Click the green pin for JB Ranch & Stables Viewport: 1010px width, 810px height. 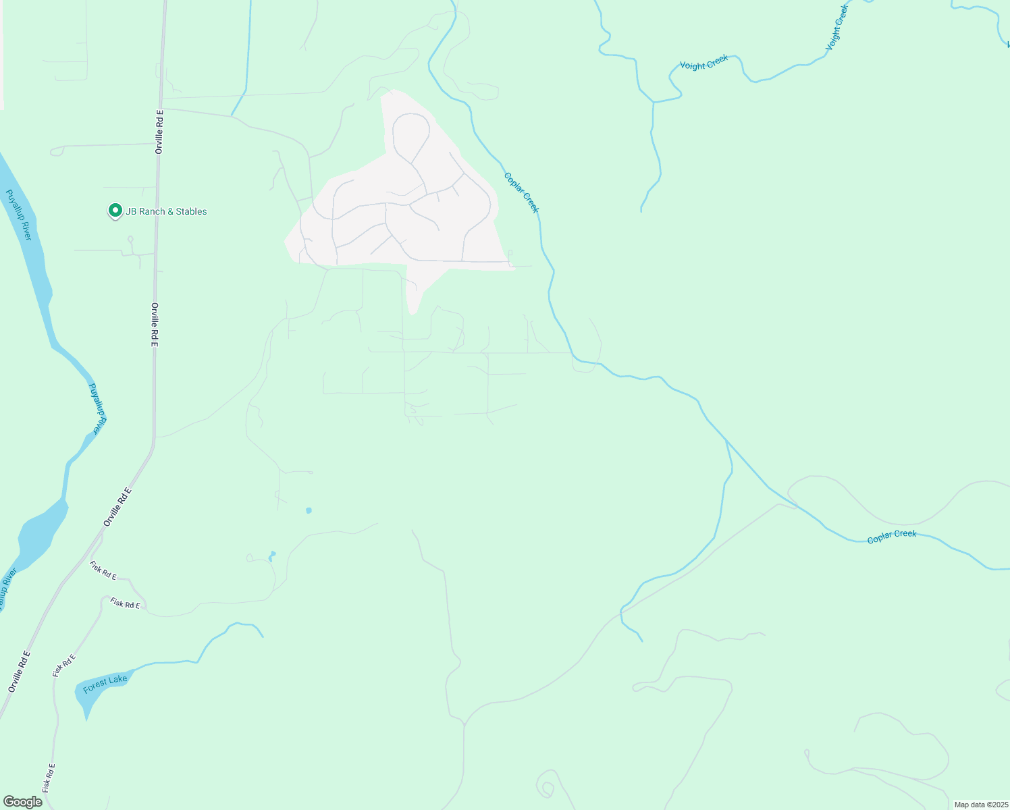[115, 211]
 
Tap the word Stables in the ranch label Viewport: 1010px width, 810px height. [191, 211]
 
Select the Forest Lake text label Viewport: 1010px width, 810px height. [105, 684]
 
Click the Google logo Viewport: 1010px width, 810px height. [23, 802]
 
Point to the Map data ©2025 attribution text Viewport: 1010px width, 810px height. [980, 805]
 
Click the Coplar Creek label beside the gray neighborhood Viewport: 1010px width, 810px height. [521, 192]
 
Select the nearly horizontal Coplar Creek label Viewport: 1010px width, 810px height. [891, 537]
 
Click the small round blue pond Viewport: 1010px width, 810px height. [309, 510]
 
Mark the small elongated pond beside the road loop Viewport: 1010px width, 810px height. [272, 556]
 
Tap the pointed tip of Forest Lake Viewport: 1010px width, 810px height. [86, 718]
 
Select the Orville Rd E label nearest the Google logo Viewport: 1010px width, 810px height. [19, 672]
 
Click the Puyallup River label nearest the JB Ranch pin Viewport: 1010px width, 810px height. [18, 215]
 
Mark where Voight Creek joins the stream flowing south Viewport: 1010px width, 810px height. [654, 102]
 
